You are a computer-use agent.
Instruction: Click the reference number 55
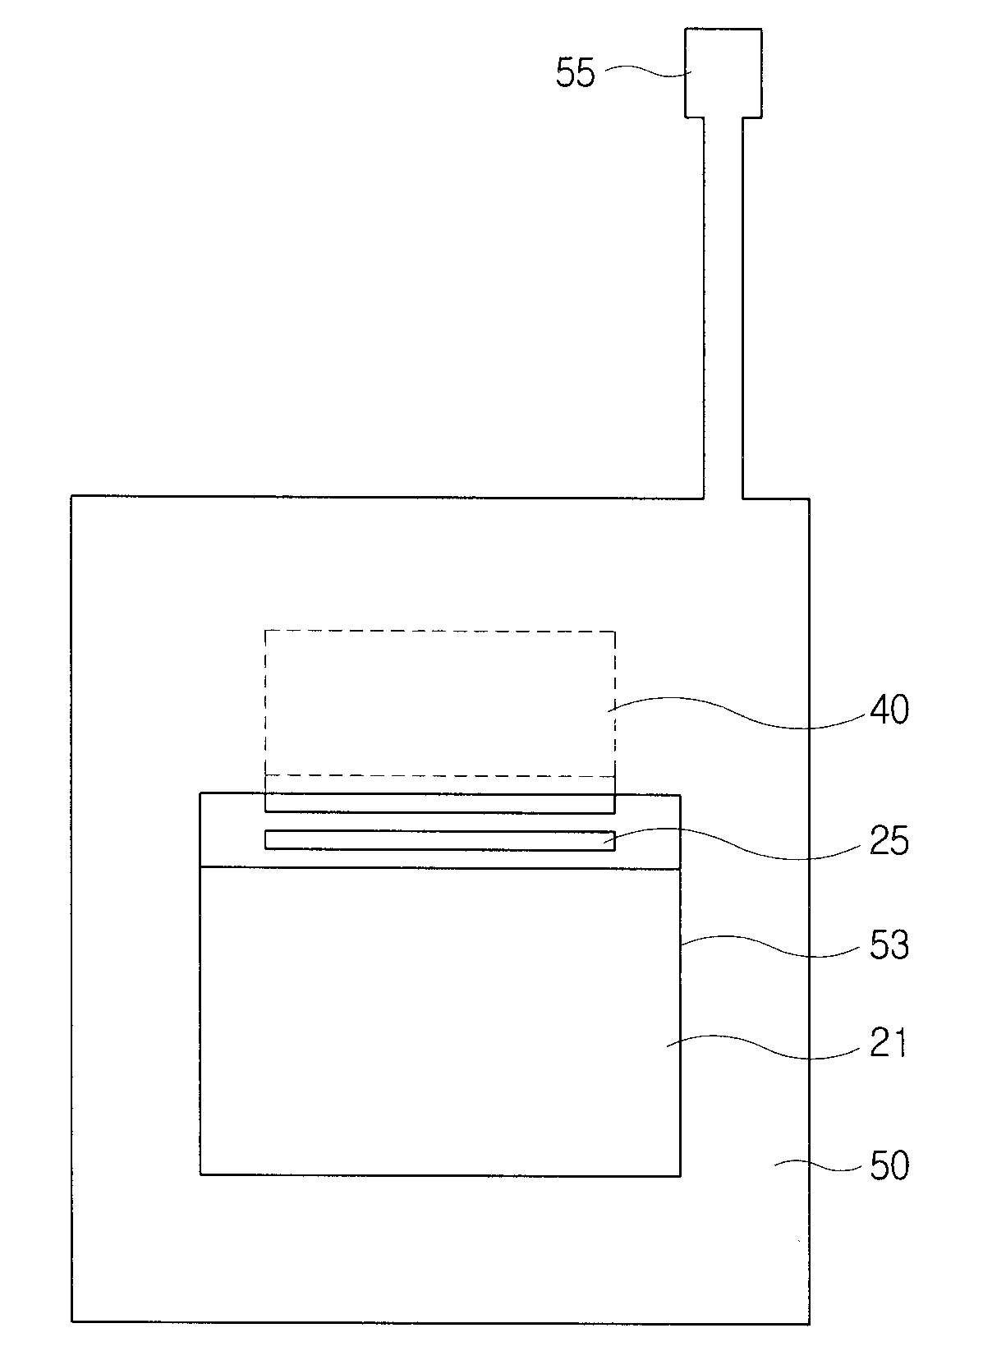[575, 74]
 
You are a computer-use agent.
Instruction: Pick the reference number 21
[888, 1044]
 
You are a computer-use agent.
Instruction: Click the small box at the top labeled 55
[723, 72]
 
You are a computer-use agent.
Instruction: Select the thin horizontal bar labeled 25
[439, 840]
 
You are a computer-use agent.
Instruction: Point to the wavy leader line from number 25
[739, 846]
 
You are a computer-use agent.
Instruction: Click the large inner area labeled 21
[439, 1018]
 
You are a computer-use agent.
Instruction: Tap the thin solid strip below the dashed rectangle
[439, 802]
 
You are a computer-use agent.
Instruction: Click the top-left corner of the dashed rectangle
[265, 631]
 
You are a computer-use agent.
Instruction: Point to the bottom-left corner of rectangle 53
[201, 1174]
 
